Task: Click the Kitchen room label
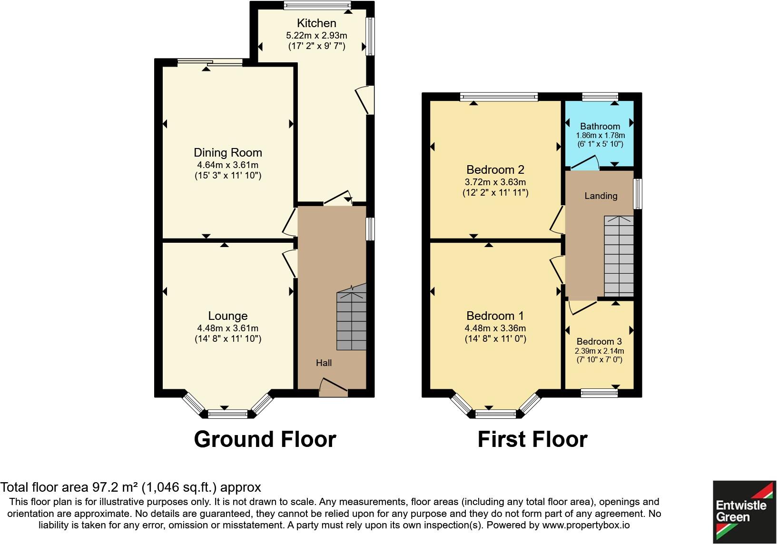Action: click(x=316, y=23)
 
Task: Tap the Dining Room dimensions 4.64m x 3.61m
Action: click(x=227, y=165)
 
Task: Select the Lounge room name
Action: click(x=227, y=316)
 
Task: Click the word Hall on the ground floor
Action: click(x=324, y=363)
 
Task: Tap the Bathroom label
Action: click(x=600, y=126)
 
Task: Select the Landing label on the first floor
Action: click(x=600, y=196)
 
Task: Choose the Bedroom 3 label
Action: click(x=599, y=341)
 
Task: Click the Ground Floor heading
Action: click(x=265, y=439)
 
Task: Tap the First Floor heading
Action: click(x=532, y=439)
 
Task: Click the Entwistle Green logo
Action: click(x=744, y=512)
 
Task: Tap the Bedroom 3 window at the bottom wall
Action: click(x=599, y=393)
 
